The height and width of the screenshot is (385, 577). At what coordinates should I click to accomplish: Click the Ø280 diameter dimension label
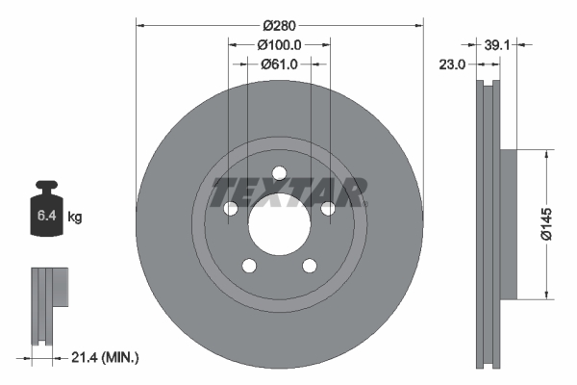[280, 13]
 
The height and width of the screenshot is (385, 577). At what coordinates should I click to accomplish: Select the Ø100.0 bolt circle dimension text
[280, 44]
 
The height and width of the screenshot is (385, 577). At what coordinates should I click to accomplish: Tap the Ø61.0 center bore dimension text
[280, 64]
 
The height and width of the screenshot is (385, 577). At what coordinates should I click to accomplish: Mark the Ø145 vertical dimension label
[545, 222]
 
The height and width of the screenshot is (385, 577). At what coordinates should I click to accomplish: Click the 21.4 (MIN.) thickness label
[106, 358]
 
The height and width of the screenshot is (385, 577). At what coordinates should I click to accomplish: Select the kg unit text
[75, 218]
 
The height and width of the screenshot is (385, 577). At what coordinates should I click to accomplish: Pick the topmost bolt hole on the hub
[279, 173]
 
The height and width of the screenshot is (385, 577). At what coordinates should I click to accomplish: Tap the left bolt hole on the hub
[231, 209]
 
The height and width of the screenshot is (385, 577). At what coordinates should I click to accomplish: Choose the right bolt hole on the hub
[328, 209]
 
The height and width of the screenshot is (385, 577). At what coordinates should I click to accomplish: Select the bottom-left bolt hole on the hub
[249, 266]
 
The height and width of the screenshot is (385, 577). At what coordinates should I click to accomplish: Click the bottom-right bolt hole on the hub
[310, 266]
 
